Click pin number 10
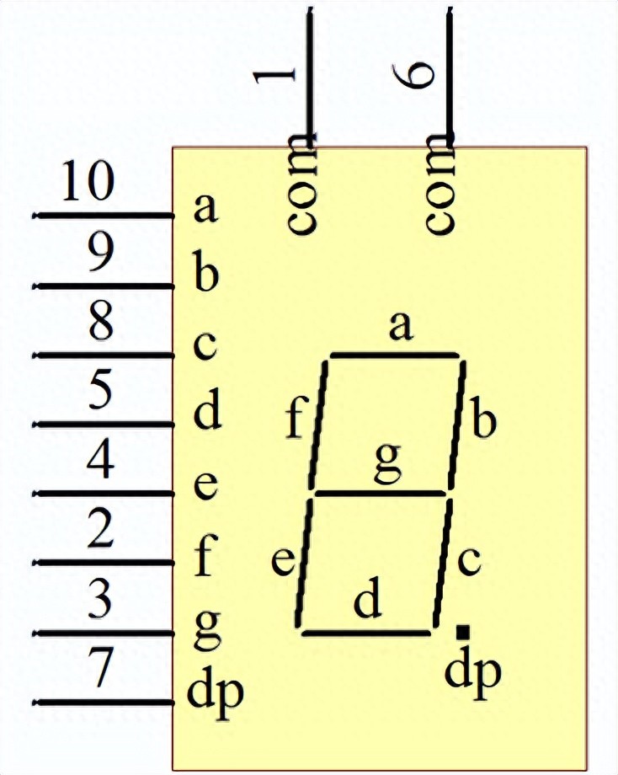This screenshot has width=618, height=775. click(88, 181)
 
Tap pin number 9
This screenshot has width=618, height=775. click(101, 252)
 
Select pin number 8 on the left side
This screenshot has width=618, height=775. click(101, 321)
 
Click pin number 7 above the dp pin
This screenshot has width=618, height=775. click(101, 667)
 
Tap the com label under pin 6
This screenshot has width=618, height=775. click(440, 184)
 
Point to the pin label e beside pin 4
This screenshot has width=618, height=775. click(205, 486)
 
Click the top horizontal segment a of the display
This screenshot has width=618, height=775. click(395, 355)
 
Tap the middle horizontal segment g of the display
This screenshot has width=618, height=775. click(381, 494)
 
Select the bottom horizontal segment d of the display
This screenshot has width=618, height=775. click(366, 633)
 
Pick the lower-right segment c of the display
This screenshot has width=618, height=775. click(443, 563)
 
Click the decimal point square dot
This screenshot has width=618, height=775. click(463, 632)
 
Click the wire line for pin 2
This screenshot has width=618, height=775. click(104, 563)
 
